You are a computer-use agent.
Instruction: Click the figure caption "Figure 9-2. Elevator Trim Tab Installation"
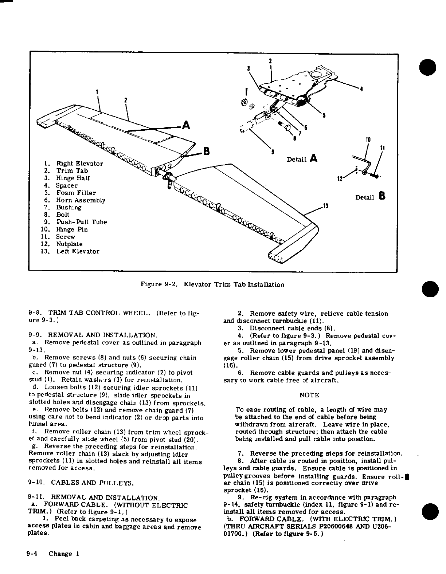click(x=212, y=285)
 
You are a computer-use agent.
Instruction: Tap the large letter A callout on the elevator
click(x=186, y=125)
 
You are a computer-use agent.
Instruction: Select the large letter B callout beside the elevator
click(x=206, y=150)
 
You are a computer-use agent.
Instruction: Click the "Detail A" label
click(x=302, y=159)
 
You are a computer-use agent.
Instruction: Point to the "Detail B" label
click(x=370, y=197)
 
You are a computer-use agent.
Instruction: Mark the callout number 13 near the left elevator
click(x=326, y=207)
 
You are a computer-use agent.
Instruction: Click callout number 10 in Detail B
click(x=368, y=140)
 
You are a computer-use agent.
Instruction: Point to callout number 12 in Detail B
click(x=340, y=178)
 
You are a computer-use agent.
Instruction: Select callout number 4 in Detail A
click(x=361, y=89)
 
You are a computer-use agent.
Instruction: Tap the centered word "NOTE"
click(x=309, y=395)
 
